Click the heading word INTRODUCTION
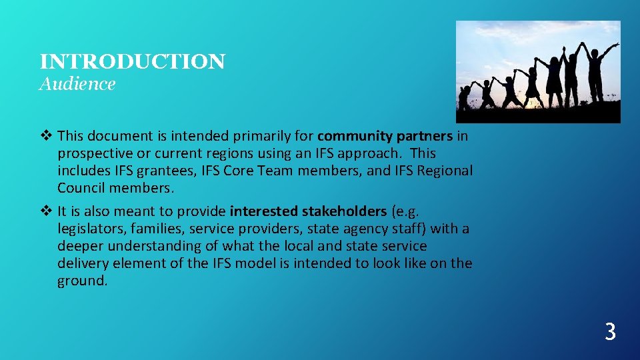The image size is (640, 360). [x=132, y=62]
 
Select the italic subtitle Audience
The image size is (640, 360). [x=77, y=84]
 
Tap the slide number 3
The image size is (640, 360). [x=609, y=331]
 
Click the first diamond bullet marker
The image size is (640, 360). [x=45, y=136]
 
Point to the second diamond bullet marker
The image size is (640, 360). [x=45, y=211]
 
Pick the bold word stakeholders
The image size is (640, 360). [x=344, y=211]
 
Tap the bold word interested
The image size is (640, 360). [x=264, y=211]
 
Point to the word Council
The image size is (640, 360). [x=81, y=188]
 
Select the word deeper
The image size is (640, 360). [x=79, y=247]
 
